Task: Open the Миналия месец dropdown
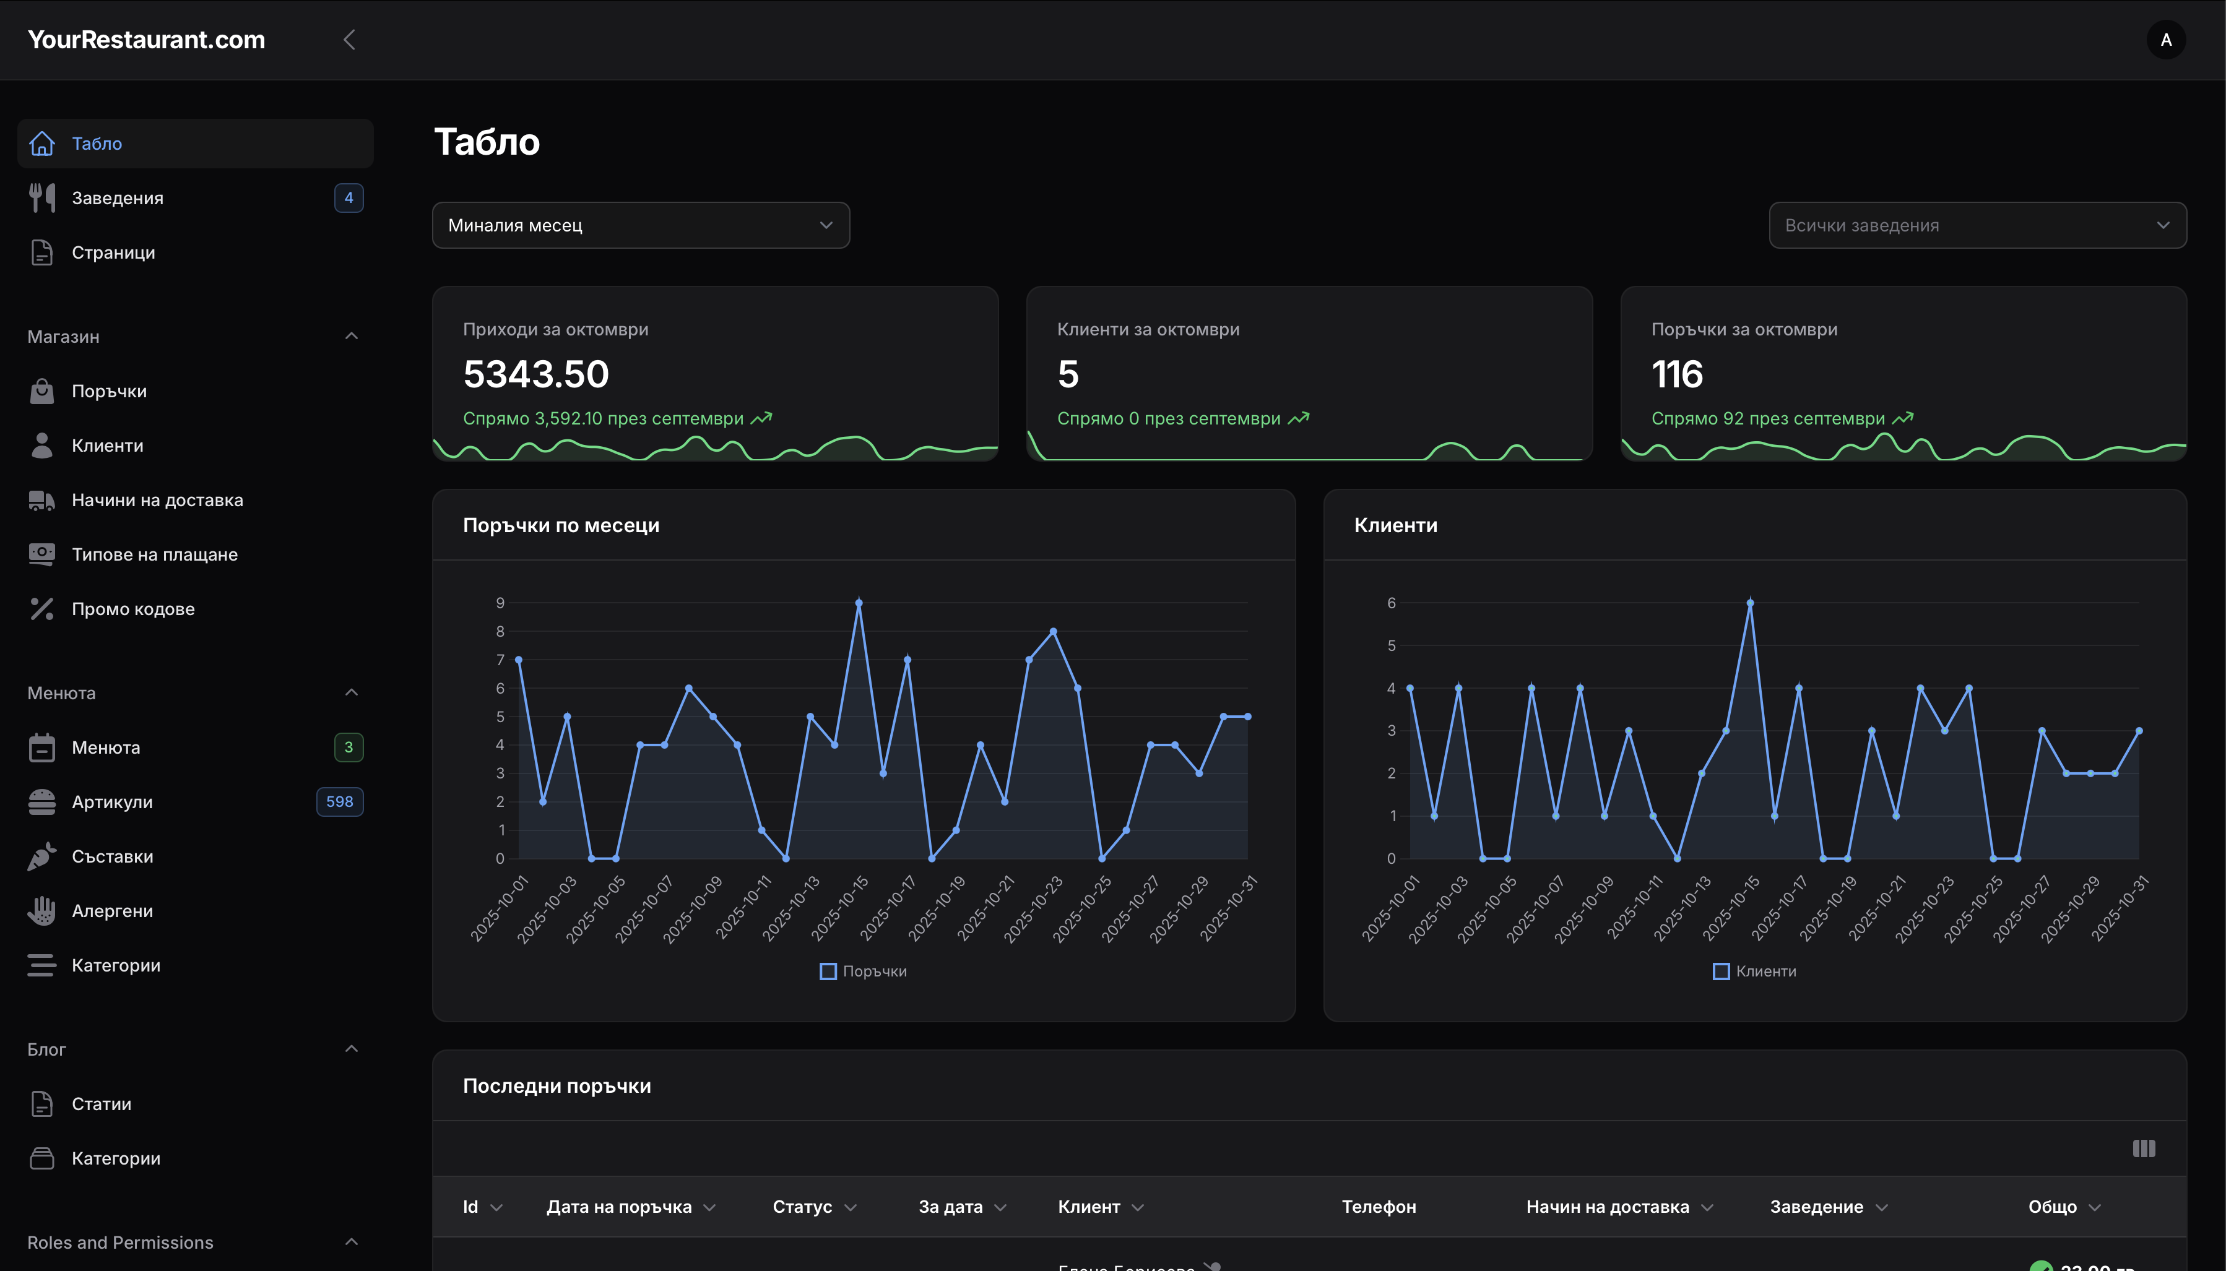(x=640, y=225)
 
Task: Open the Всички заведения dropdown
(x=1977, y=225)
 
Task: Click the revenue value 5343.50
(x=535, y=374)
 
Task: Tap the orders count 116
(x=1677, y=374)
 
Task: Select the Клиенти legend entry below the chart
(x=1756, y=971)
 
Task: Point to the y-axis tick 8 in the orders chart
(x=500, y=631)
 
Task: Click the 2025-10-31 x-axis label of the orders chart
(x=1229, y=908)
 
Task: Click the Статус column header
(x=802, y=1207)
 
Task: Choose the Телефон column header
(x=1378, y=1207)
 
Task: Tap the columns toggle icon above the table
(x=2143, y=1148)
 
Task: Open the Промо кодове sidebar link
(x=132, y=608)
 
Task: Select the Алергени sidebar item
(x=112, y=910)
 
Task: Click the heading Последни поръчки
(x=556, y=1085)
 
